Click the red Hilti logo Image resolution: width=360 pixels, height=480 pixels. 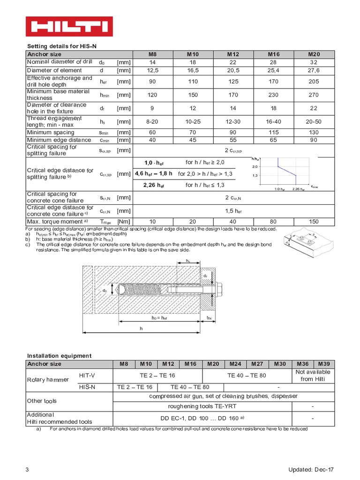tap(69, 26)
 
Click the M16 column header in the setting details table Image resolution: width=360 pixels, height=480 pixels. tap(274, 54)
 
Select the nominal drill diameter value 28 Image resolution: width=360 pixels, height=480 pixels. tap(274, 62)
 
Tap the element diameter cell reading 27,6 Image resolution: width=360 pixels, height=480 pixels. tap(314, 70)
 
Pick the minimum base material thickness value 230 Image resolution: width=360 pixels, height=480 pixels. tap(274, 95)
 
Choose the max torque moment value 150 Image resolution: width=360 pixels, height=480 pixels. tap(314, 222)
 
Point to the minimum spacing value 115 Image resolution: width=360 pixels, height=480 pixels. tap(274, 133)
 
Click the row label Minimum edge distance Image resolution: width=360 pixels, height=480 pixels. tap(59, 140)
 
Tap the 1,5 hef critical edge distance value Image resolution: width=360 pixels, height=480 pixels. tap(233, 211)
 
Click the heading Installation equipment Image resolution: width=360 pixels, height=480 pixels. tap(59, 356)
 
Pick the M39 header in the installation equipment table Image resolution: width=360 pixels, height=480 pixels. tap(324, 364)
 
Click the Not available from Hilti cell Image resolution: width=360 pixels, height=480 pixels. tap(313, 375)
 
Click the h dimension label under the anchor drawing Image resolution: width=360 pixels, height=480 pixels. tap(141, 329)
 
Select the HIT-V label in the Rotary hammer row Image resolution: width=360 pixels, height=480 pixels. tap(88, 375)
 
